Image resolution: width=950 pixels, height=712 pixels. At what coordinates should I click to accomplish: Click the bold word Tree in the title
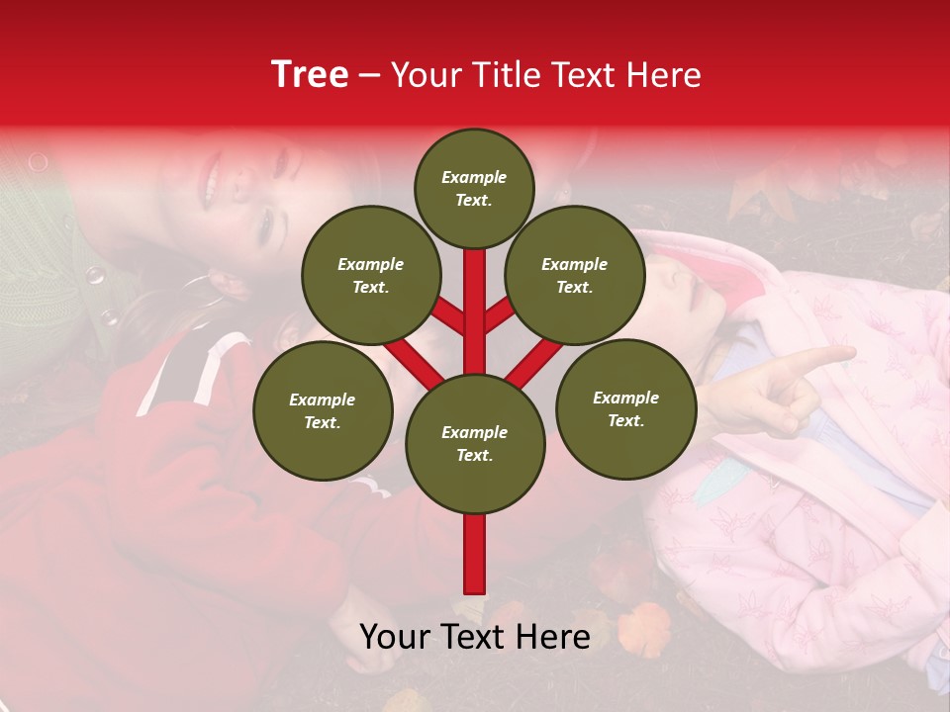pos(310,75)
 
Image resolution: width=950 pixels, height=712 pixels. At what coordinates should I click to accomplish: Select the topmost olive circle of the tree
pos(474,188)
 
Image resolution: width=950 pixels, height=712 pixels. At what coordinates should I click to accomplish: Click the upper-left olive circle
pos(370,275)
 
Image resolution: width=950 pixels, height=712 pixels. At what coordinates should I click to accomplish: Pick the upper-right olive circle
pos(574,275)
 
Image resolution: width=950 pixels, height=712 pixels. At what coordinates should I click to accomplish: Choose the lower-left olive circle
pos(322,410)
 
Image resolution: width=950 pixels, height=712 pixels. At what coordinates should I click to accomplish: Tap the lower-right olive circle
pos(625,408)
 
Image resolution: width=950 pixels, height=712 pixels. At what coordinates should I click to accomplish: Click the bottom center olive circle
pos(474,443)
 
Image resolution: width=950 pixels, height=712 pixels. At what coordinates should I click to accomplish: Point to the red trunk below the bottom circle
pos(474,554)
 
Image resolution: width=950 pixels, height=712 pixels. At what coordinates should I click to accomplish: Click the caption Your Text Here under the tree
pos(474,637)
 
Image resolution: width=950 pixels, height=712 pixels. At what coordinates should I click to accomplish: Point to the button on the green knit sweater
pos(96,275)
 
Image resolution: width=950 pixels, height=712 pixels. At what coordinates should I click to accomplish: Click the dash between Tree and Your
pos(369,75)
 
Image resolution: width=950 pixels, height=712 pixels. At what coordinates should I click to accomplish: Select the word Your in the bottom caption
pos(394,637)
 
